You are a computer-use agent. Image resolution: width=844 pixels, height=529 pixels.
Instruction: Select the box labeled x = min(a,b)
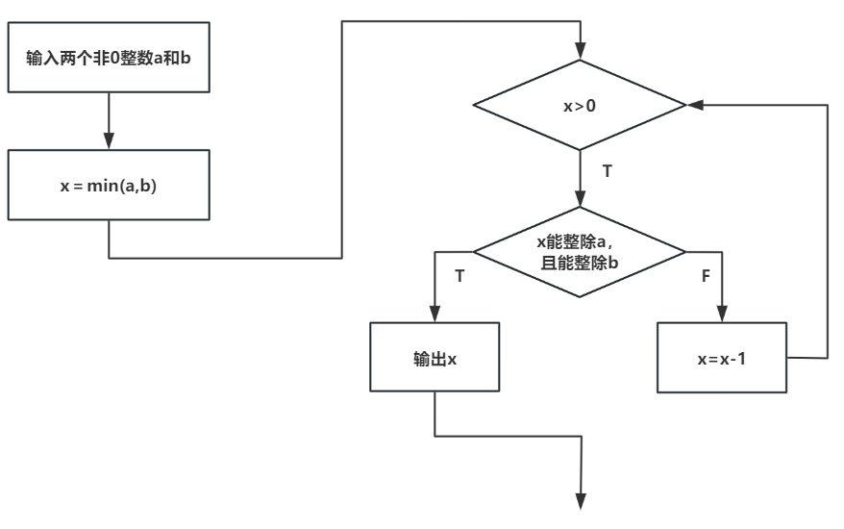coord(109,184)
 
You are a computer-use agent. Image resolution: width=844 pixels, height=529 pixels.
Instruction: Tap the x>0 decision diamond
coord(580,105)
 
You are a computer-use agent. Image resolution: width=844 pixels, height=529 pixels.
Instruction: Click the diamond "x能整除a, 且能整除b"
coord(580,254)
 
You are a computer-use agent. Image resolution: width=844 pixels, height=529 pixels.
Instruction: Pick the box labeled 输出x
coord(434,357)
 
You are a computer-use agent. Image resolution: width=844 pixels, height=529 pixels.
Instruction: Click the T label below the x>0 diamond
coord(607,171)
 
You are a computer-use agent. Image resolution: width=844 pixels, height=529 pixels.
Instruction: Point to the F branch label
coord(707,275)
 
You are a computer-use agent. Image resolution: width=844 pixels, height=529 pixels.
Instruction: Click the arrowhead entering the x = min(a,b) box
coord(109,142)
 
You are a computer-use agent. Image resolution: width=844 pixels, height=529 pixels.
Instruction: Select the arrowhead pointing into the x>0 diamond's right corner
coord(694,104)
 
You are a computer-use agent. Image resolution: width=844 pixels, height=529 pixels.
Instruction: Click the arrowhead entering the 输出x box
coord(434,315)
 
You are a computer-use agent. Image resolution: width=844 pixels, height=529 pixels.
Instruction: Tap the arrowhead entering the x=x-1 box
coord(721,315)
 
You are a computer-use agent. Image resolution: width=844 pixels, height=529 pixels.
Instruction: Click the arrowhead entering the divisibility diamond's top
coord(580,198)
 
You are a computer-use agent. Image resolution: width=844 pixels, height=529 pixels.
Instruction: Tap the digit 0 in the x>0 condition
coord(590,105)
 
